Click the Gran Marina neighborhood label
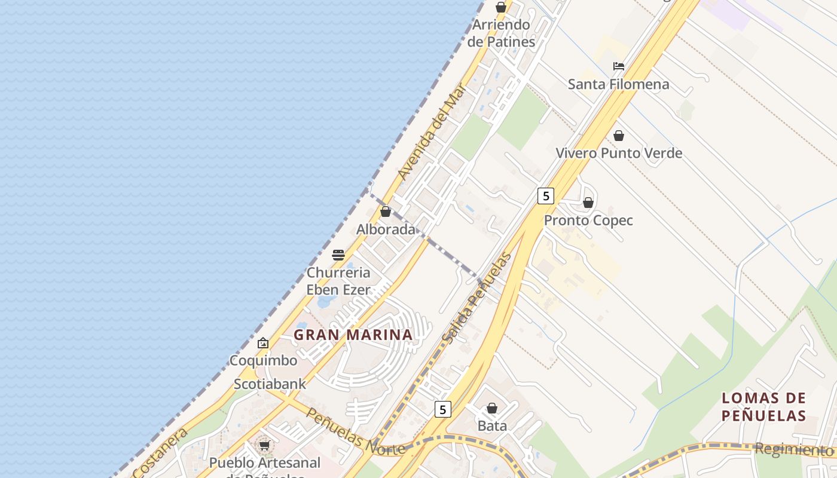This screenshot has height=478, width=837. [x=353, y=335]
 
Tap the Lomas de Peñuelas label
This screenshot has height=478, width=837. [x=764, y=406]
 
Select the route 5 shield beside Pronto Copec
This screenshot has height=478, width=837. [x=545, y=195]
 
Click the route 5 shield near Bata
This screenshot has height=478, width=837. [x=442, y=409]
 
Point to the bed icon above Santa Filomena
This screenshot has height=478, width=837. [x=619, y=66]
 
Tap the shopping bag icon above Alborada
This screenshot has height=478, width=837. [x=386, y=212]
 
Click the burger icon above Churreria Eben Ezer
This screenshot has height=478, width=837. [x=338, y=255]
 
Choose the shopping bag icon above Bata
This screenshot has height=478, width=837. [x=492, y=408]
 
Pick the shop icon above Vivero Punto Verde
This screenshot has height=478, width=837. [x=619, y=136]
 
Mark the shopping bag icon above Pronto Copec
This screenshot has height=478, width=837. [x=588, y=203]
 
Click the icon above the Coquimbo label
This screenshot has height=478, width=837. [x=263, y=343]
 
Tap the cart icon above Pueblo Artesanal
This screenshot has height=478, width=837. [x=264, y=445]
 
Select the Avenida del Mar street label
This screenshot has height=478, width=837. [x=432, y=131]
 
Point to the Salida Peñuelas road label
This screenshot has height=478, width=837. [x=476, y=298]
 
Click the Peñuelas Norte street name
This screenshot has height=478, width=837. [x=355, y=431]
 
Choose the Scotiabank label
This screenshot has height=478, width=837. [x=270, y=384]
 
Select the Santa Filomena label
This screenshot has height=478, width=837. [x=619, y=84]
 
